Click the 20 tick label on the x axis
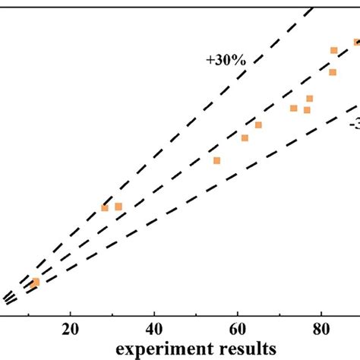[x=71, y=330]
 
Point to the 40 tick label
[x=154, y=330]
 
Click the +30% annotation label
[x=226, y=59]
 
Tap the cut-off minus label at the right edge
[x=354, y=124]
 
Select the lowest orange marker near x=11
[x=35, y=283]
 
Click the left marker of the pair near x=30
[x=105, y=207]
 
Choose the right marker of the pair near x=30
[x=118, y=207]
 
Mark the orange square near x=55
[x=216, y=160]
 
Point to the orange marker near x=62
[x=245, y=137]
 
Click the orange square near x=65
[x=258, y=125]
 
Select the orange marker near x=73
[x=293, y=108]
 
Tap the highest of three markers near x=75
[x=310, y=98]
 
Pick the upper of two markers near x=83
[x=333, y=50]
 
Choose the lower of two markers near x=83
[x=333, y=72]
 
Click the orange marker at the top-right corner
[x=355, y=42]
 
